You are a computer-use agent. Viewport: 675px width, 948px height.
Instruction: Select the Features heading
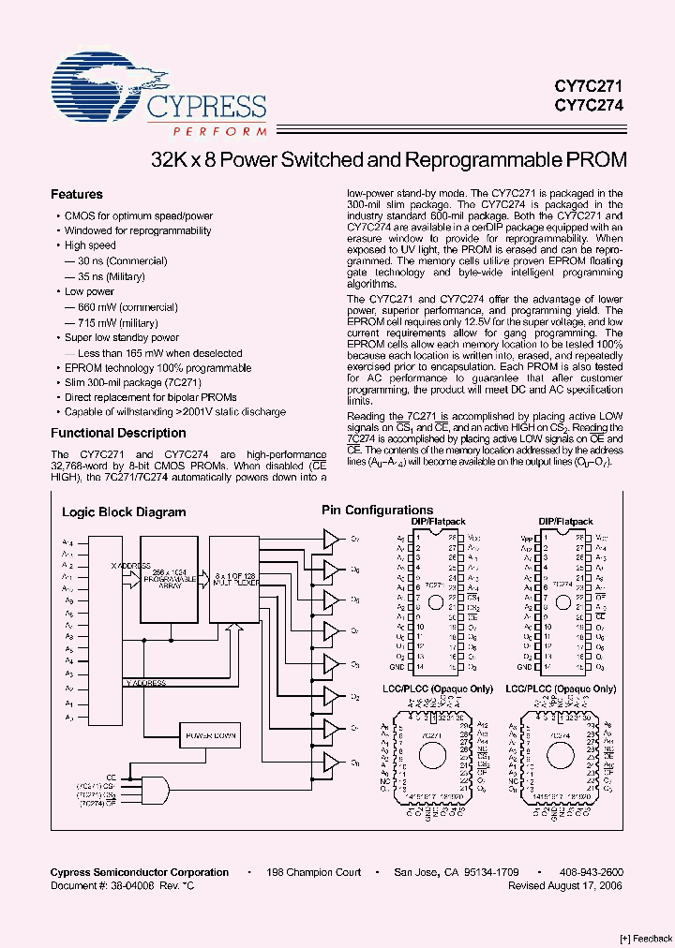click(x=76, y=195)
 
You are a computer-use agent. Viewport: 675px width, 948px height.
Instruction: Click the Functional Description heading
click(x=118, y=434)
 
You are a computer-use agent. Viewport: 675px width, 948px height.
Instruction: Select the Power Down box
click(x=209, y=736)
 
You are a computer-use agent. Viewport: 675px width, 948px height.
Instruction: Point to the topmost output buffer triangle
click(x=332, y=539)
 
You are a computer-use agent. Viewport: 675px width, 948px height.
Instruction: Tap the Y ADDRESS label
click(x=146, y=683)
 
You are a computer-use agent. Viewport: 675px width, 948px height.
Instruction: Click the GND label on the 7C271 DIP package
click(x=397, y=667)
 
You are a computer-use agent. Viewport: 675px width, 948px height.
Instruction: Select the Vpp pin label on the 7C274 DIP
click(x=525, y=538)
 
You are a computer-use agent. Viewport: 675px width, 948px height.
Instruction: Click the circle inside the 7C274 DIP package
click(x=562, y=602)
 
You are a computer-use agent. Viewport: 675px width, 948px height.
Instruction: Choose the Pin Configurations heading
click(x=377, y=511)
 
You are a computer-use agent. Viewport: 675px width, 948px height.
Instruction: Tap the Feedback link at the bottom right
click(x=646, y=938)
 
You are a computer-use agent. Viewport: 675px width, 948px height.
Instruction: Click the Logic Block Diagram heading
click(x=124, y=512)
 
